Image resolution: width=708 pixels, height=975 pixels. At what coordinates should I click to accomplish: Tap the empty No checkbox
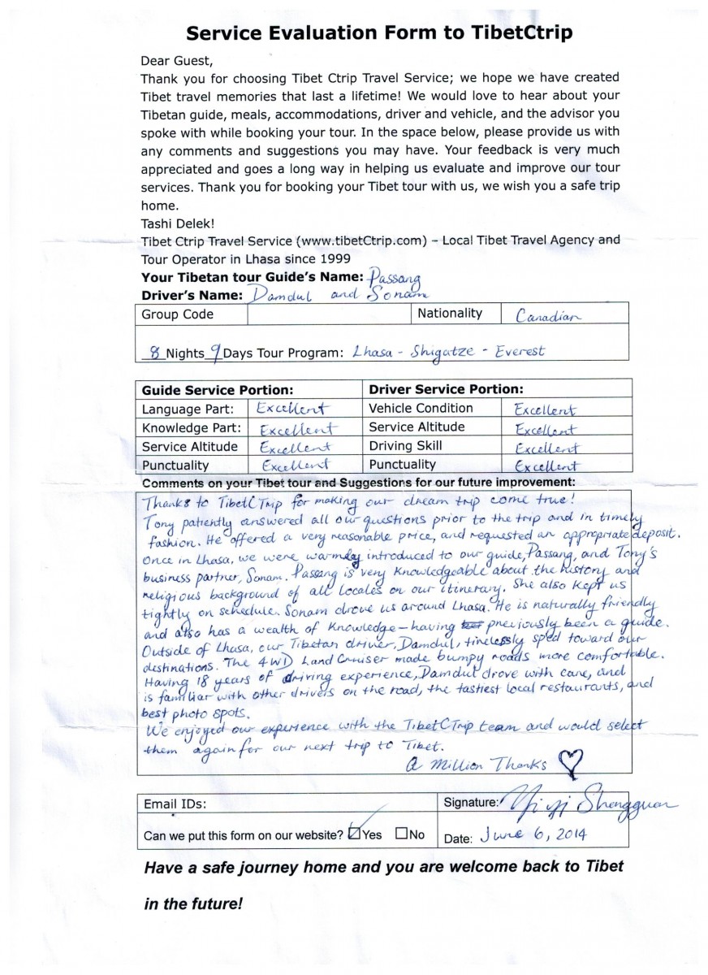tap(401, 833)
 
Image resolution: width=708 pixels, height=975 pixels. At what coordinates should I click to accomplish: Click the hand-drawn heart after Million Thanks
tap(573, 761)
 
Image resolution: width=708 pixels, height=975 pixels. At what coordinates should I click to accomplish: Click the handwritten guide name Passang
tap(396, 278)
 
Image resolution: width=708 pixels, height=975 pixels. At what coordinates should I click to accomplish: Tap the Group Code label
tap(178, 314)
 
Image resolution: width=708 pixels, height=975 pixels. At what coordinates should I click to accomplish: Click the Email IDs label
tap(175, 804)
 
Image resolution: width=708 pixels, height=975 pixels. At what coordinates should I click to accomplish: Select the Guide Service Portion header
tap(218, 389)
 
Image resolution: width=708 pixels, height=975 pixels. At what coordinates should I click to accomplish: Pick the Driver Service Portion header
tap(446, 389)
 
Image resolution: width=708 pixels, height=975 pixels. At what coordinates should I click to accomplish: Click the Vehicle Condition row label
tap(421, 408)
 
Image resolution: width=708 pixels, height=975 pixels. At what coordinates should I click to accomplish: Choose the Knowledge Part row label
tap(191, 427)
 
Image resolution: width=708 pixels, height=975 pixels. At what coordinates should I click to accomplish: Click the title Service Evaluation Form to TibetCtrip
tap(379, 32)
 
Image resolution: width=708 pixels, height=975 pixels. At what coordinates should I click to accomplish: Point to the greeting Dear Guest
tap(174, 60)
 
